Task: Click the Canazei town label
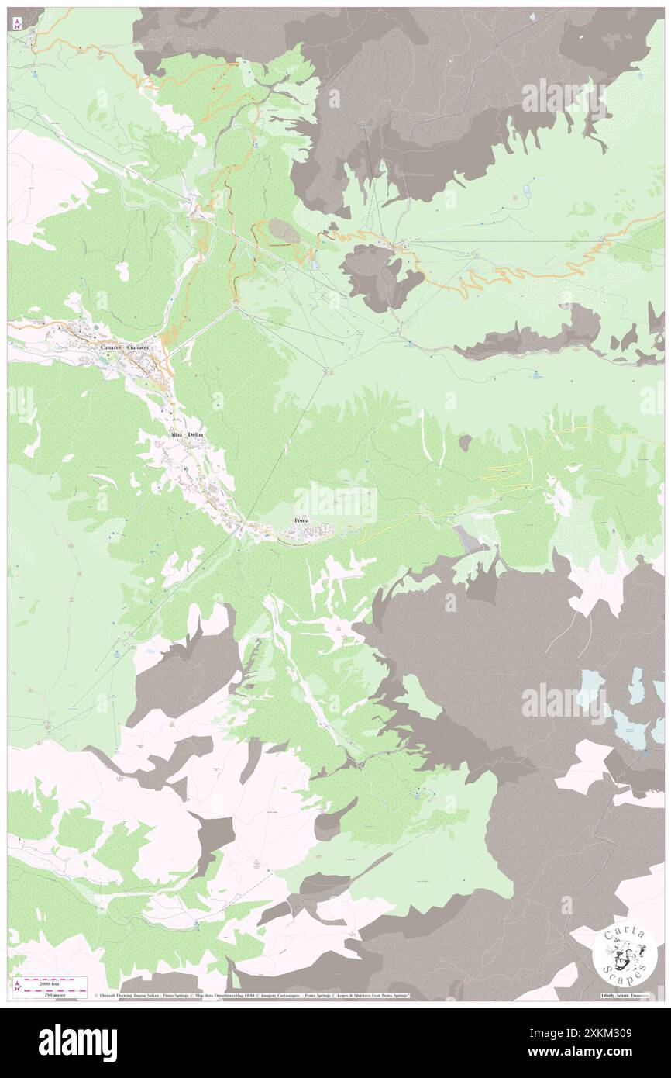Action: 114,348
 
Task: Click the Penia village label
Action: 301,520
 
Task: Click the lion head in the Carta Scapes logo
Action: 624,955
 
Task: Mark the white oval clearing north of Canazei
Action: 122,271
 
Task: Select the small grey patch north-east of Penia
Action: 464,442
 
